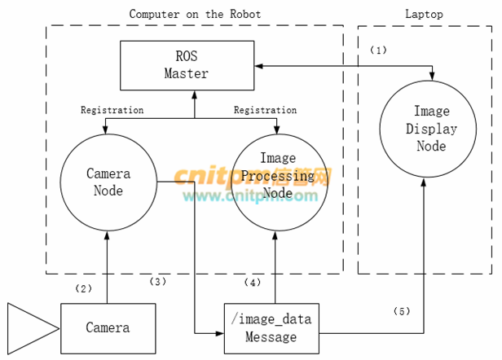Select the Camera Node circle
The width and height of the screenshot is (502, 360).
[108, 182]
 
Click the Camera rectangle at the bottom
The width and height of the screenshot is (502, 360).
[108, 327]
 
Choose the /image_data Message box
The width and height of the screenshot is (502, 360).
[271, 328]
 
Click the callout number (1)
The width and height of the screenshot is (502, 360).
[378, 50]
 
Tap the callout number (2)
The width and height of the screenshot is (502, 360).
[84, 288]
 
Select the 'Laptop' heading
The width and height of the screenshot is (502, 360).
[425, 14]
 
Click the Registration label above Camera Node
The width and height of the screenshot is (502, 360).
[112, 109]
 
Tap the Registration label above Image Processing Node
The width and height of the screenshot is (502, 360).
[265, 109]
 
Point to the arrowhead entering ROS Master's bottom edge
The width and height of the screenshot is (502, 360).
[194, 94]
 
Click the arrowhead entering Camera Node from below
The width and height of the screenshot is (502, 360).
[108, 234]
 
